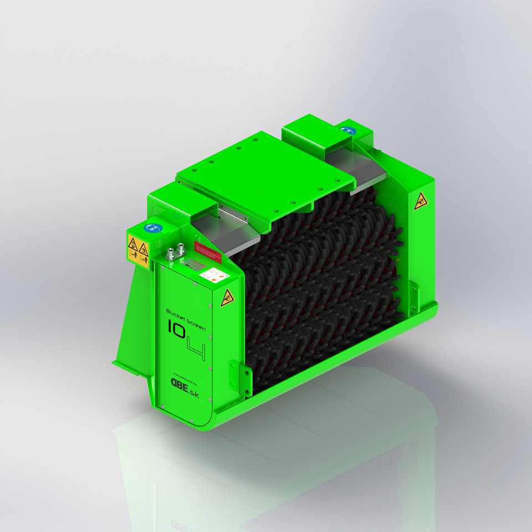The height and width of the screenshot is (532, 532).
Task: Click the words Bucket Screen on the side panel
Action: point(186,321)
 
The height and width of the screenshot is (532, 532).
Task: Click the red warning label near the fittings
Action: point(208,253)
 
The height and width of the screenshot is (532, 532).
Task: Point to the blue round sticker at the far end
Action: point(347,131)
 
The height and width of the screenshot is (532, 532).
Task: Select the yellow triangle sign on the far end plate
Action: point(421,201)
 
